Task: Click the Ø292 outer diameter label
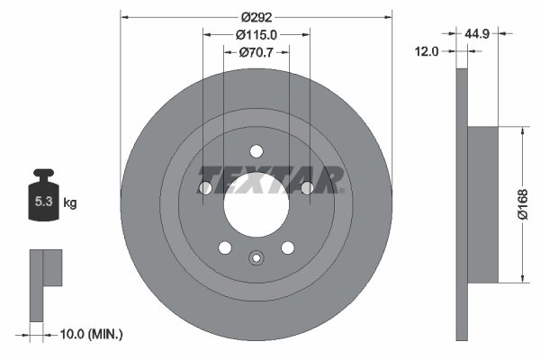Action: coord(256,16)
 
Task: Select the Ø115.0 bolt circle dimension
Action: coord(256,34)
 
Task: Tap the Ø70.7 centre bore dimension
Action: coord(256,52)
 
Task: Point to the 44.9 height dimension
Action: coord(476,33)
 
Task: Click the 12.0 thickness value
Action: coord(427,51)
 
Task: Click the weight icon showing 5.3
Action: coord(42,201)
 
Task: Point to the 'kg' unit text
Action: coord(70,203)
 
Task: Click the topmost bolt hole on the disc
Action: coord(256,150)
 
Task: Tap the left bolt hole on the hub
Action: coord(205,187)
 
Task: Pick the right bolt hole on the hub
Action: coord(306,187)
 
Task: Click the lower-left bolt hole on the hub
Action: coord(225,247)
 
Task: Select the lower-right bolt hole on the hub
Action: coord(287,247)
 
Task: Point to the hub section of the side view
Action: coord(483,204)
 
